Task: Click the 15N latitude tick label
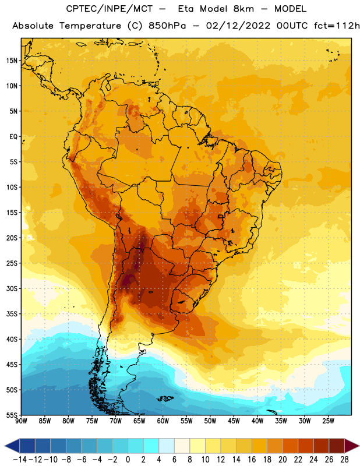tap(12, 61)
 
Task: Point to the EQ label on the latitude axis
tap(13, 137)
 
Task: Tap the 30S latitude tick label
tap(12, 288)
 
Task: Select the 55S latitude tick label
tap(12, 415)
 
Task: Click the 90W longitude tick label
tap(21, 421)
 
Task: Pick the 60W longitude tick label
tap(163, 421)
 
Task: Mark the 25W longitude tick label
tap(328, 421)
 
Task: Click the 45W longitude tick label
tap(234, 421)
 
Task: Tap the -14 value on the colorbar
tap(20, 460)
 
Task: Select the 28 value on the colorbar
tap(344, 460)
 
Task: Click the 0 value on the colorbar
tap(128, 460)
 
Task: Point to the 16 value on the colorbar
tap(252, 460)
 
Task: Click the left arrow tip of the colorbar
tap(5, 446)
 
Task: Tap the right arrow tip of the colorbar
tap(359, 446)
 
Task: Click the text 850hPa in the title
tap(167, 26)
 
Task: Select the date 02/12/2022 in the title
tap(238, 26)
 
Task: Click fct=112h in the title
tap(337, 26)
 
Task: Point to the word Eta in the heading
tap(186, 9)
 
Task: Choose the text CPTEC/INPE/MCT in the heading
tap(109, 9)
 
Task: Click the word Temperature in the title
tap(90, 26)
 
